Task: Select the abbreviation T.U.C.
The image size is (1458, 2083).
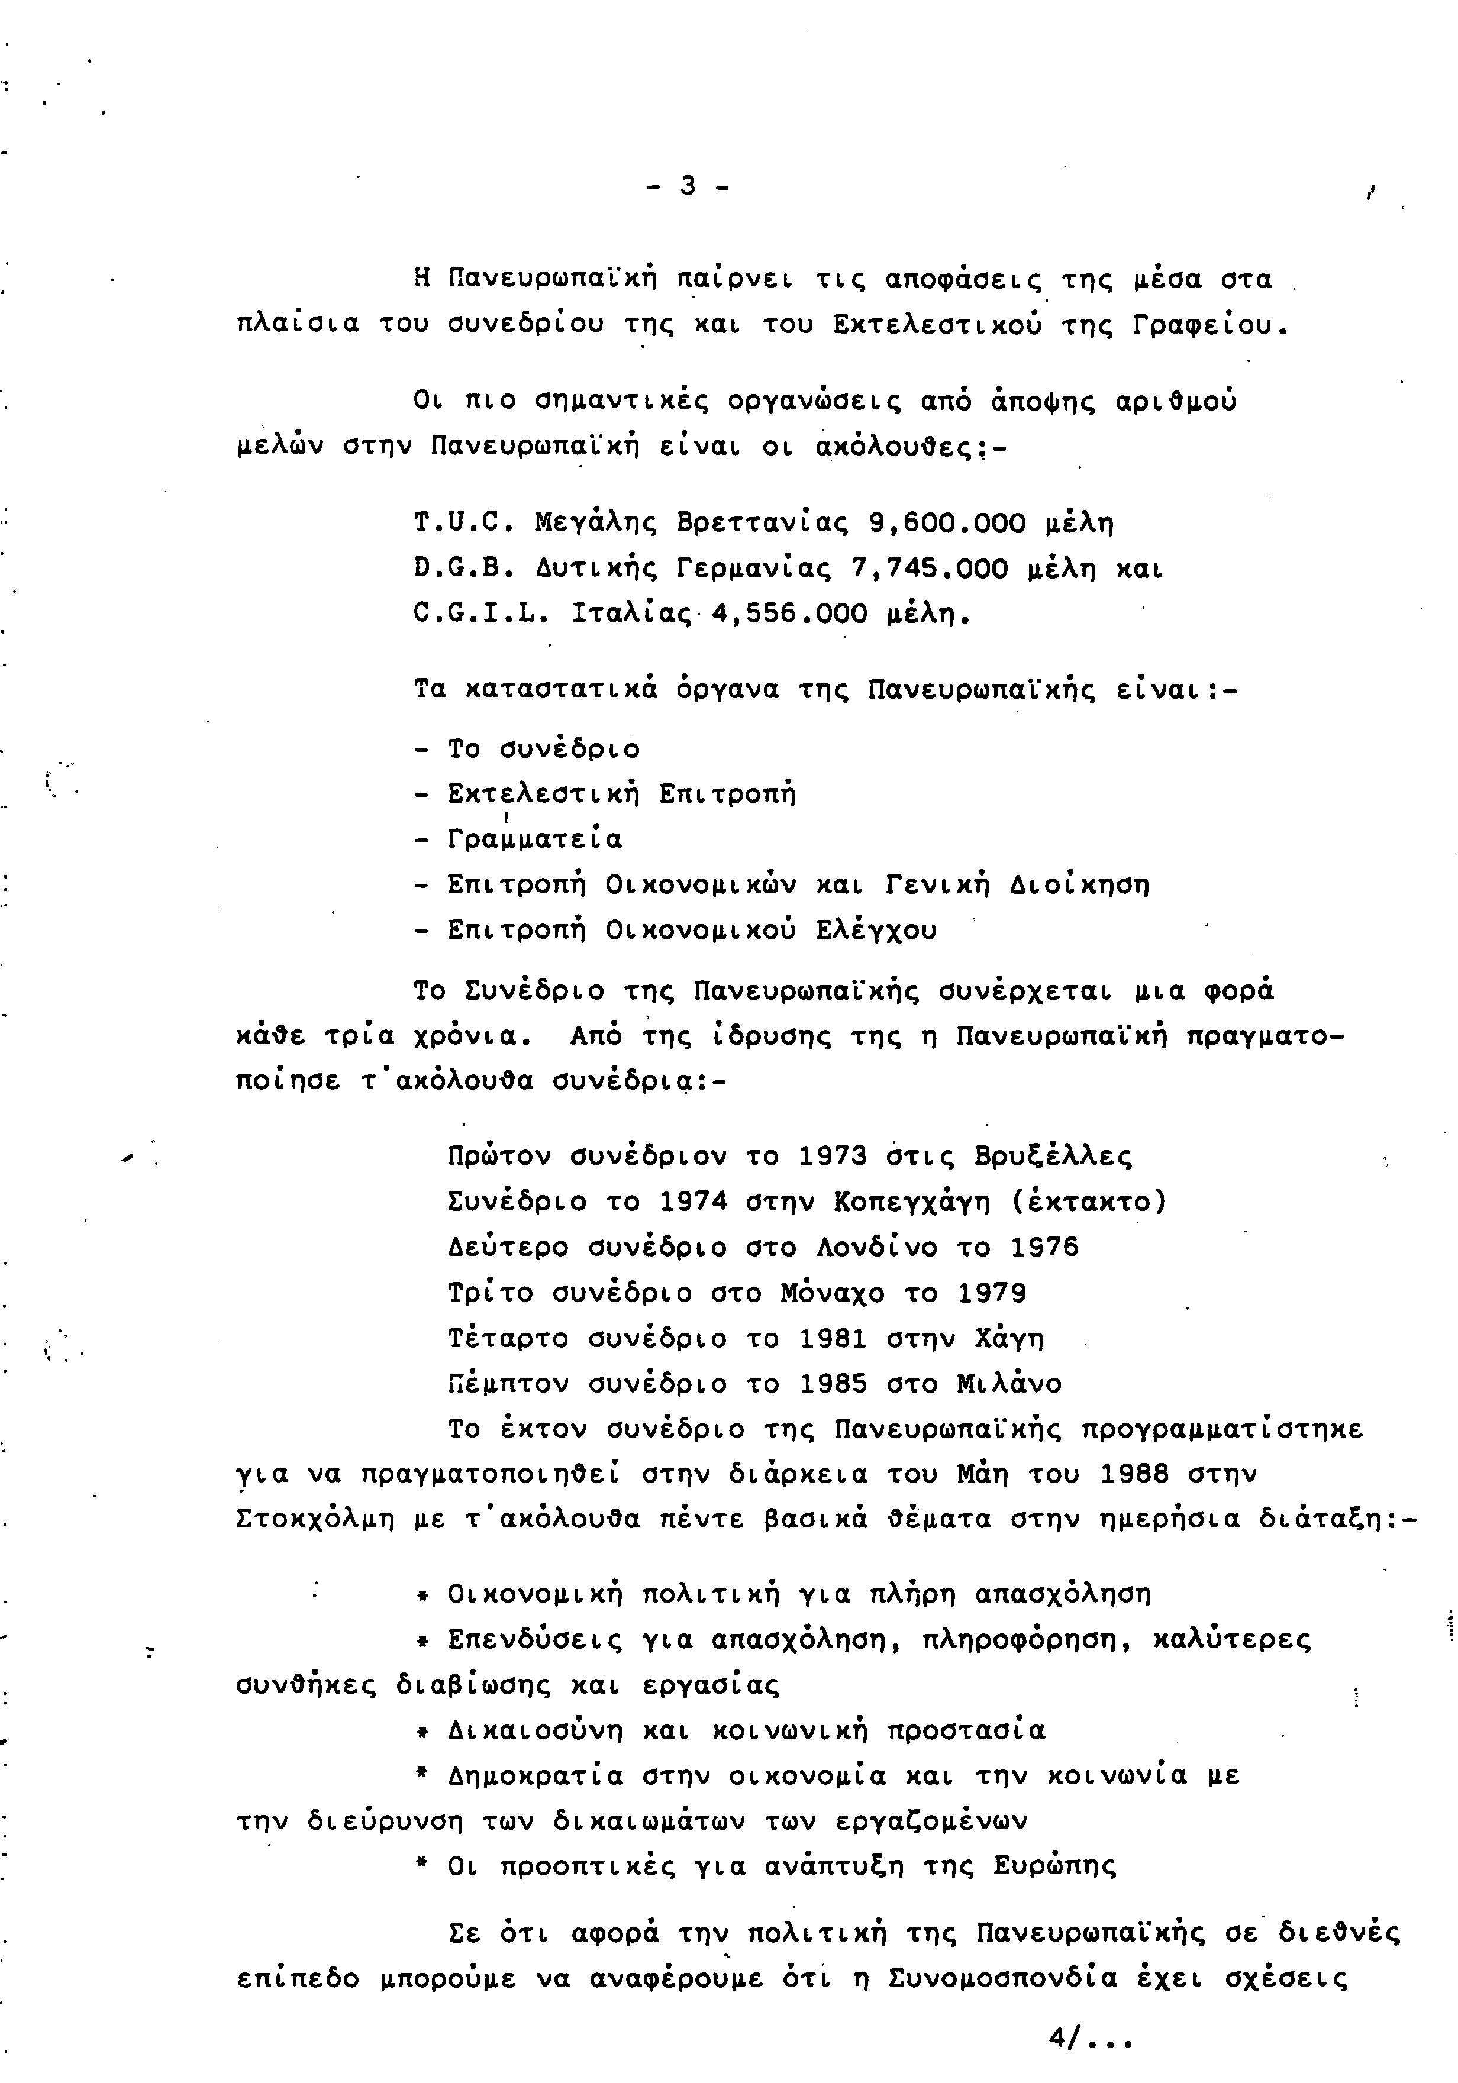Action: (465, 524)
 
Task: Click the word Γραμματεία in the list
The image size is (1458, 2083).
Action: (536, 839)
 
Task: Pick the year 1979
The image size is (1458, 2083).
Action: (992, 1293)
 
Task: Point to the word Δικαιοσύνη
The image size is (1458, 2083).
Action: (536, 1730)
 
